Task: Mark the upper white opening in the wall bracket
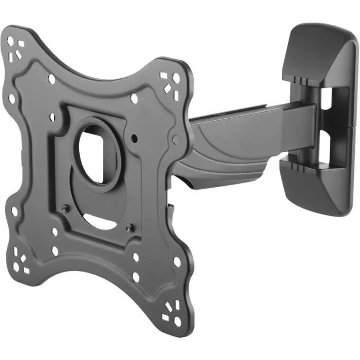pos(341,105)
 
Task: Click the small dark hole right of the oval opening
pos(134,138)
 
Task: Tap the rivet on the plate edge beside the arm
pos(175,139)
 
